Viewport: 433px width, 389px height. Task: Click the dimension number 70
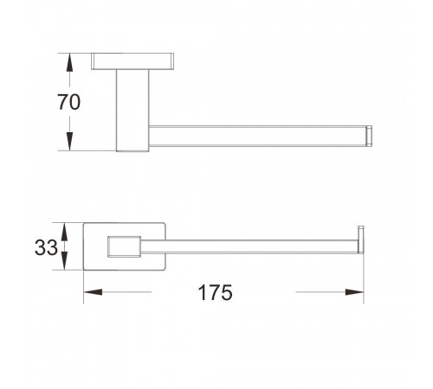tap(69, 102)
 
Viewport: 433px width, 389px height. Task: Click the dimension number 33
tap(46, 247)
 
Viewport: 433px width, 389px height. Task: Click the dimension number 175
tap(215, 292)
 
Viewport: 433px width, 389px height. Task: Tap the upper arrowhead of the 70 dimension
tap(69, 62)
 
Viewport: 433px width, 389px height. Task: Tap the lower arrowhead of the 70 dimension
tap(69, 141)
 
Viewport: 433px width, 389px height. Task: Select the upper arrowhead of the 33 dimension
tap(64, 232)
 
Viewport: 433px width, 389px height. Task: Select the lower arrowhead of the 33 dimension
tap(64, 261)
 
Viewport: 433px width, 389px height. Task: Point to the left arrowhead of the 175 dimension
tap(93, 292)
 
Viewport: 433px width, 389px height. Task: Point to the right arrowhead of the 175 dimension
tap(354, 292)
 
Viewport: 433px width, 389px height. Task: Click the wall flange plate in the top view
tap(132, 61)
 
